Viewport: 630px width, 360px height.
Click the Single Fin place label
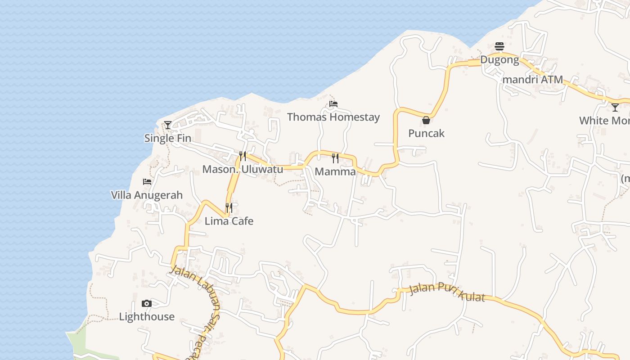[167, 138]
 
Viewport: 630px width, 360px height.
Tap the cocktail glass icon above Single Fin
[168, 125]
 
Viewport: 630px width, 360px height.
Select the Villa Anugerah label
[147, 195]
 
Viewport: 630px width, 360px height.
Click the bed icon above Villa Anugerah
[147, 182]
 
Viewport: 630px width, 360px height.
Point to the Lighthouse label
[147, 316]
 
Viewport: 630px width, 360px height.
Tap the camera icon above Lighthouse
[147, 303]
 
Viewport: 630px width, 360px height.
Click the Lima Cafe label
[229, 221]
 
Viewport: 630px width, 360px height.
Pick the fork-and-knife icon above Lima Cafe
[229, 207]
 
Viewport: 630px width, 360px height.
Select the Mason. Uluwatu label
[243, 169]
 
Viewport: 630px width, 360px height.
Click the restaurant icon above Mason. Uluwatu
[243, 156]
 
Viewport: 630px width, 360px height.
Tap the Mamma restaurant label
[335, 171]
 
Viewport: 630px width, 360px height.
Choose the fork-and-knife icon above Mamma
[335, 158]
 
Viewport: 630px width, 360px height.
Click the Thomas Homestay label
[333, 117]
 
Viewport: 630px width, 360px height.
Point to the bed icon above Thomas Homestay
[333, 104]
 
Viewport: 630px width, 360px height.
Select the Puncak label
[426, 133]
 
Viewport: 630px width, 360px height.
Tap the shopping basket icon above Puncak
[426, 120]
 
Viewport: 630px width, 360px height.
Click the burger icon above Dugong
[499, 46]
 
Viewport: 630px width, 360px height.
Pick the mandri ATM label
[532, 80]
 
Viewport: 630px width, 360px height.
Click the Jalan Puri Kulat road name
[447, 293]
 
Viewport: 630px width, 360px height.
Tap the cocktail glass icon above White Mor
[615, 107]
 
